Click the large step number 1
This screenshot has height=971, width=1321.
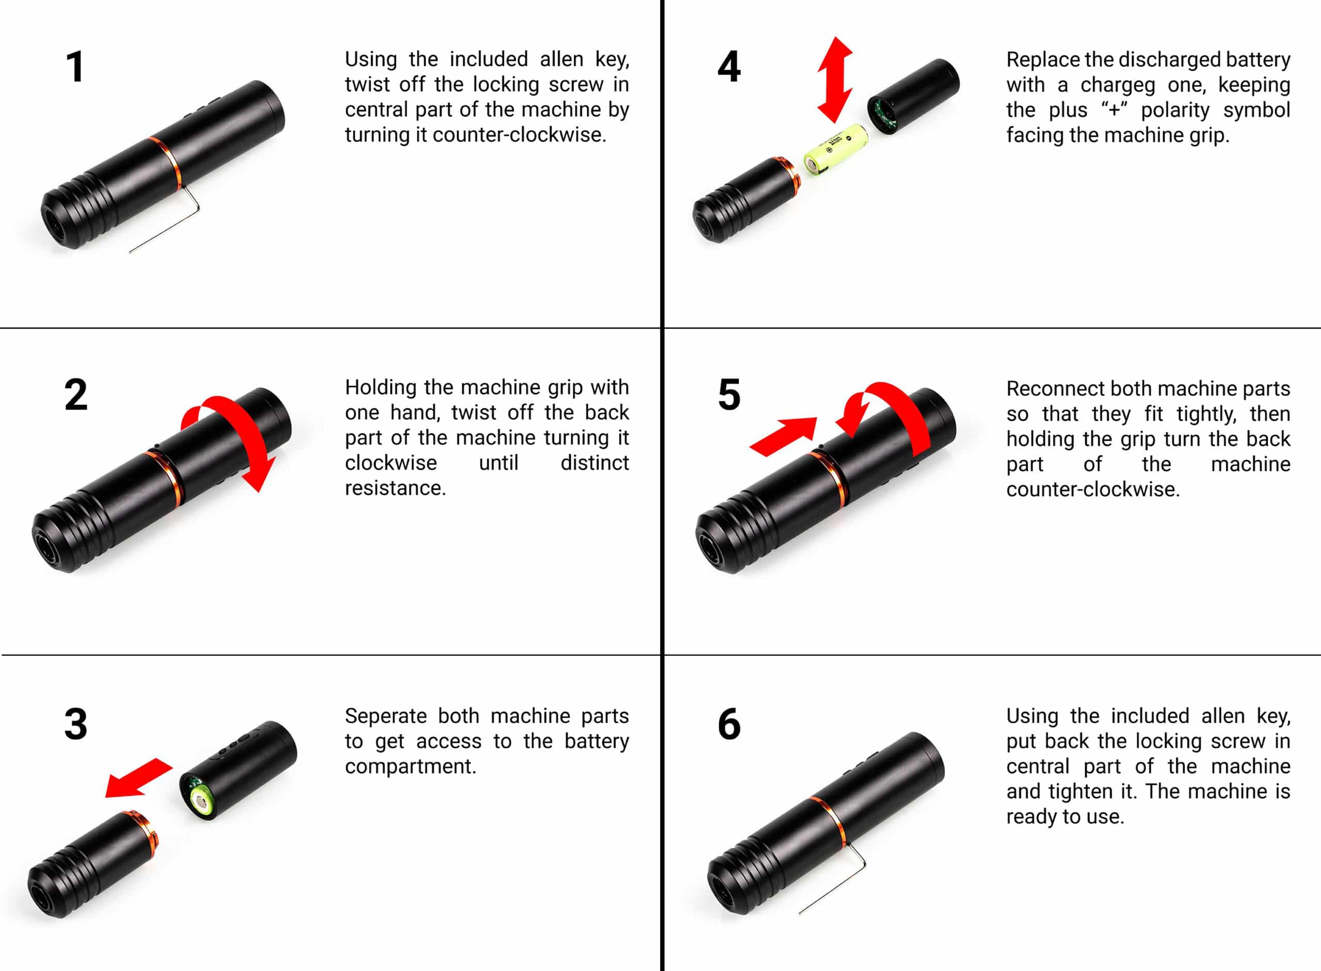(x=75, y=67)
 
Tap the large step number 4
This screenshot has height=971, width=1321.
(x=729, y=67)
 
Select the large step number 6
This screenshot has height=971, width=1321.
(x=729, y=724)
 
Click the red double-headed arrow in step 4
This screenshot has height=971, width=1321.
(x=835, y=79)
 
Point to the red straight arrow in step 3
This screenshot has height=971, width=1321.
(x=139, y=778)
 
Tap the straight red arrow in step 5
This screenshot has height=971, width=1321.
(x=784, y=436)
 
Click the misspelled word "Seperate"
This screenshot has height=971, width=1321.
(x=385, y=717)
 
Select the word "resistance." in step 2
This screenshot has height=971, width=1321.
(x=395, y=488)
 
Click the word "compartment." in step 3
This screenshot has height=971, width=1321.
(x=410, y=767)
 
